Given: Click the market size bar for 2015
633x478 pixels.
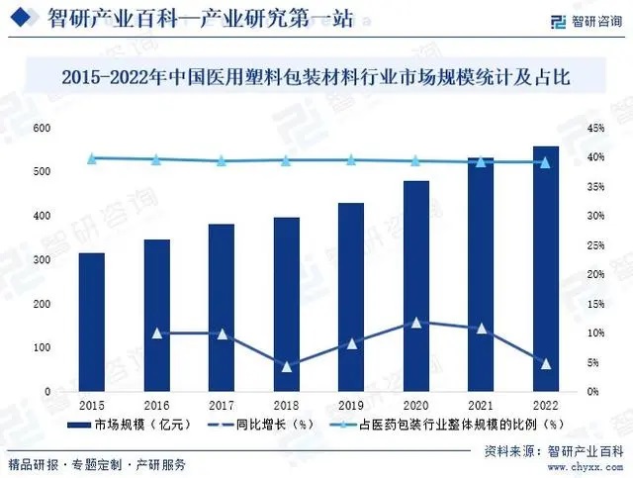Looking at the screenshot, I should (92, 323).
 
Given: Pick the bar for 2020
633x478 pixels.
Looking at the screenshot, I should (415, 287).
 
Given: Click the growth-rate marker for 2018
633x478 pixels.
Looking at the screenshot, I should (286, 367).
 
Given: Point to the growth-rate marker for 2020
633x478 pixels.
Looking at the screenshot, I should (415, 323).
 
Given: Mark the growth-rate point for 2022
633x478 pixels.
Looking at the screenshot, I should (545, 364).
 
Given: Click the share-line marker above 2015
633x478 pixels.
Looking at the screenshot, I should (92, 158).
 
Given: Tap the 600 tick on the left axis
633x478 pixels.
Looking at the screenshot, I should (42, 129).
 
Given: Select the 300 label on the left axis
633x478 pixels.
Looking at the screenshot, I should (42, 260).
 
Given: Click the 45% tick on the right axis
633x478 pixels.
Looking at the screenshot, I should (595, 129).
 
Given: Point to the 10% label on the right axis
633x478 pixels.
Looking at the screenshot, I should (595, 334).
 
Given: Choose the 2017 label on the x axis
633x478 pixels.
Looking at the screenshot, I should (222, 407).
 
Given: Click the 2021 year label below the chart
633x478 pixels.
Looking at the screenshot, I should (481, 407).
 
